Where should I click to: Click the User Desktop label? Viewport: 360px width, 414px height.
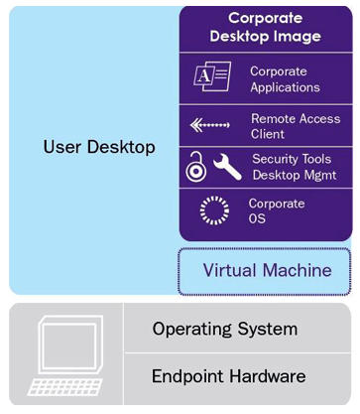[x=99, y=147]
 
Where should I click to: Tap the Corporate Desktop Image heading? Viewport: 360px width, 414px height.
[x=266, y=28]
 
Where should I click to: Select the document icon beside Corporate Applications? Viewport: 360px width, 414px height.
[x=212, y=76]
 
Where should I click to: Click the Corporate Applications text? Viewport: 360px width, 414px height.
[x=285, y=79]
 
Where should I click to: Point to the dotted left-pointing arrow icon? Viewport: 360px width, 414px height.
[x=209, y=125]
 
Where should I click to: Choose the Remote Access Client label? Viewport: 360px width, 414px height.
[x=296, y=126]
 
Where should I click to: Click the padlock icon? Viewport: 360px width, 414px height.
[x=196, y=167]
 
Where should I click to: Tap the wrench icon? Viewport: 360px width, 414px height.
[x=227, y=167]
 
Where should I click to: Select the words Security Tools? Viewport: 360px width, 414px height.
[x=292, y=159]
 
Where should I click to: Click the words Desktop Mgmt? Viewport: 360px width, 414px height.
[x=295, y=175]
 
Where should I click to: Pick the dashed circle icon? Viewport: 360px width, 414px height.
[x=214, y=210]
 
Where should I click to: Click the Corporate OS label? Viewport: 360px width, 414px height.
[x=277, y=210]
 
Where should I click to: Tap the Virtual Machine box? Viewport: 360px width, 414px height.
[x=265, y=271]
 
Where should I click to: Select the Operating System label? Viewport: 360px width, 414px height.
[x=225, y=330]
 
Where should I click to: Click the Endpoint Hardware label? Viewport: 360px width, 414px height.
[x=229, y=376]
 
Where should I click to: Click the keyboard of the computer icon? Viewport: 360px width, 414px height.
[x=64, y=387]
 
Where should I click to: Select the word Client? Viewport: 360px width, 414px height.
[x=268, y=134]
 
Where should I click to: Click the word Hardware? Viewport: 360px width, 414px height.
[x=268, y=376]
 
